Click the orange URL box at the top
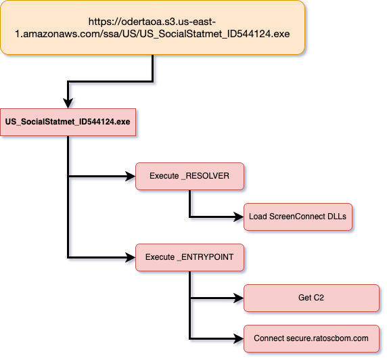[x=152, y=27]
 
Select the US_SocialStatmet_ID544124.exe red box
[x=68, y=122]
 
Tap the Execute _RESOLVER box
[x=189, y=177]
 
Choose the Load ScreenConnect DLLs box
[x=298, y=217]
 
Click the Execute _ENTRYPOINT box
[x=189, y=258]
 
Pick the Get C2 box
[x=311, y=298]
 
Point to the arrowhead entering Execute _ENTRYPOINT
[x=131, y=258]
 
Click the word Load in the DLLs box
[x=258, y=217]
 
